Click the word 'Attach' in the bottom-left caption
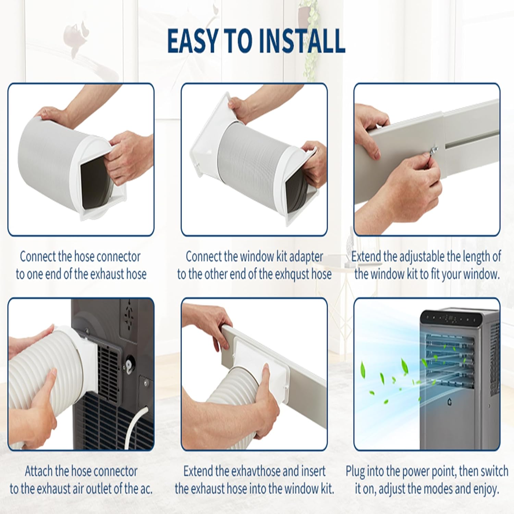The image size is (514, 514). (39, 472)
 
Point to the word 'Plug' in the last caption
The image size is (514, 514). (355, 472)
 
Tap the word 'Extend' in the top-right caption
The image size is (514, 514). (366, 257)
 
